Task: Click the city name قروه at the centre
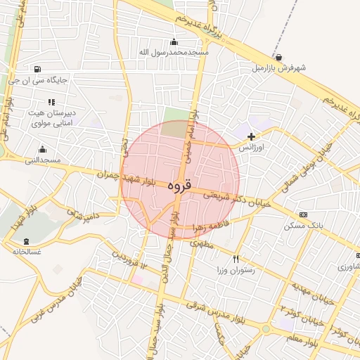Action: [x=180, y=186]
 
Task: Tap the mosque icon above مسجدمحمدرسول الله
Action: [x=174, y=42]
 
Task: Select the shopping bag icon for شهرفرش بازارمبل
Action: [x=279, y=58]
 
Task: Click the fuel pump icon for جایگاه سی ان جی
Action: [x=37, y=70]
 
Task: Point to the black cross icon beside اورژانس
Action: [x=251, y=136]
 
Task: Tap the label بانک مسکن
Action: [x=303, y=226]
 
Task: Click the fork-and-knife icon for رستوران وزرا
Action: [x=236, y=259]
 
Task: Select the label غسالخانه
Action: [x=27, y=251]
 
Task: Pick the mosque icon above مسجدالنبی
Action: [x=42, y=149]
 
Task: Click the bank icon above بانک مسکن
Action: [x=303, y=214]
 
